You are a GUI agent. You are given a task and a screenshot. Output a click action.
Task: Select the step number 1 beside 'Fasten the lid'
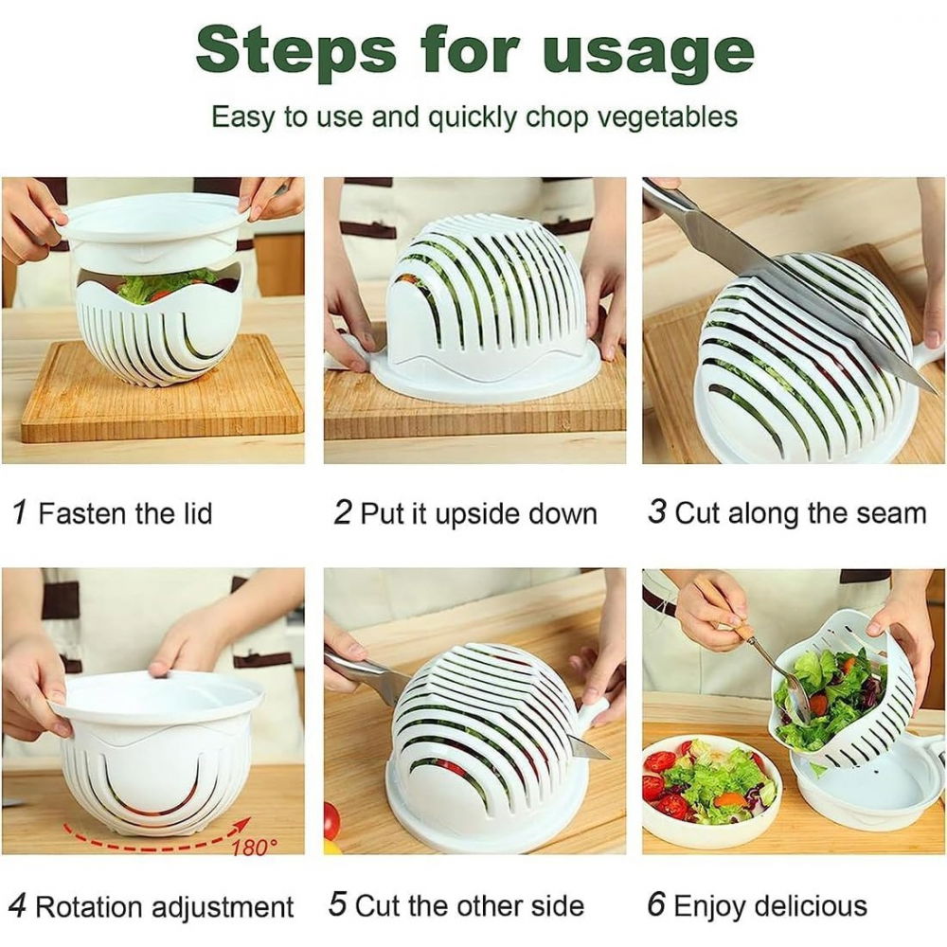pyautogui.click(x=19, y=512)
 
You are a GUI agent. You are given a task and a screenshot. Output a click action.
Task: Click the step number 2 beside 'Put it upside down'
pyautogui.click(x=342, y=512)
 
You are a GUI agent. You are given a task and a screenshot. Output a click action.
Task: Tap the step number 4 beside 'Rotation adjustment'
pyautogui.click(x=18, y=906)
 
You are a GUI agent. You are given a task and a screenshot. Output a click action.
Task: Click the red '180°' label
pyautogui.click(x=254, y=845)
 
